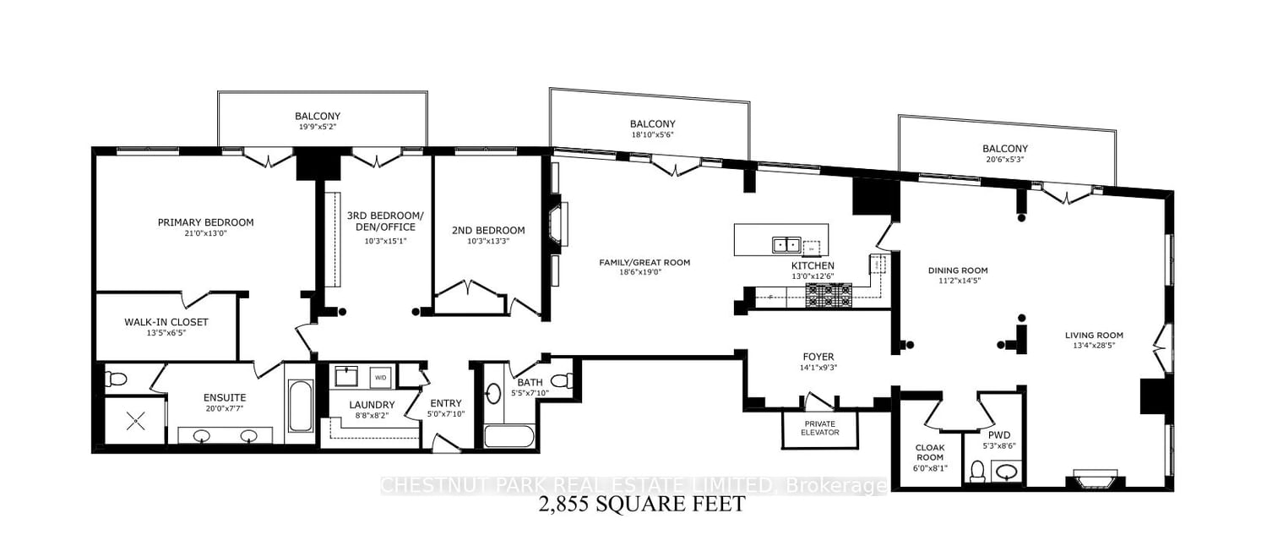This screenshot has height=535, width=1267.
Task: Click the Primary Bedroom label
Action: [205, 222]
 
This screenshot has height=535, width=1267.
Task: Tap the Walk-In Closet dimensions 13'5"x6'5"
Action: [166, 333]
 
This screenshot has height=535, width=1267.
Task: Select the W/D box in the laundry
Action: [381, 378]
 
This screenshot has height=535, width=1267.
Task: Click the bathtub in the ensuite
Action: [301, 406]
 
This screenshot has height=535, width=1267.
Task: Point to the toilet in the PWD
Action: [976, 472]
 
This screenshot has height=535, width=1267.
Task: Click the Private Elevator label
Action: [819, 428]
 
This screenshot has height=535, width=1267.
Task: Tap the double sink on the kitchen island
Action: [786, 245]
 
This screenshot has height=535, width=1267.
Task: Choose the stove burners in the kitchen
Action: [829, 296]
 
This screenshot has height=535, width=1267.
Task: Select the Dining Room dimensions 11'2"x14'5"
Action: [958, 280]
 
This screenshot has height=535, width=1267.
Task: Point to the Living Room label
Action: [1094, 336]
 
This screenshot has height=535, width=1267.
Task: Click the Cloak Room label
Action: [930, 452]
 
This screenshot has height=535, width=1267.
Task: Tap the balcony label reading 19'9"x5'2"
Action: [318, 127]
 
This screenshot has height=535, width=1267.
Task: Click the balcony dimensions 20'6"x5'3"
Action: [1004, 160]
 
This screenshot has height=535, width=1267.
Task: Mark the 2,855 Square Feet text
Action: [641, 503]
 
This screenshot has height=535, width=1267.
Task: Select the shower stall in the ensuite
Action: [135, 421]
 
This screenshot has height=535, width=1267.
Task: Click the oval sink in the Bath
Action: [493, 394]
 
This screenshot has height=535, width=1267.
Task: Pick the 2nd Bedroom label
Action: [488, 231]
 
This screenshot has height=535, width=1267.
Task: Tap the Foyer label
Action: [818, 357]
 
